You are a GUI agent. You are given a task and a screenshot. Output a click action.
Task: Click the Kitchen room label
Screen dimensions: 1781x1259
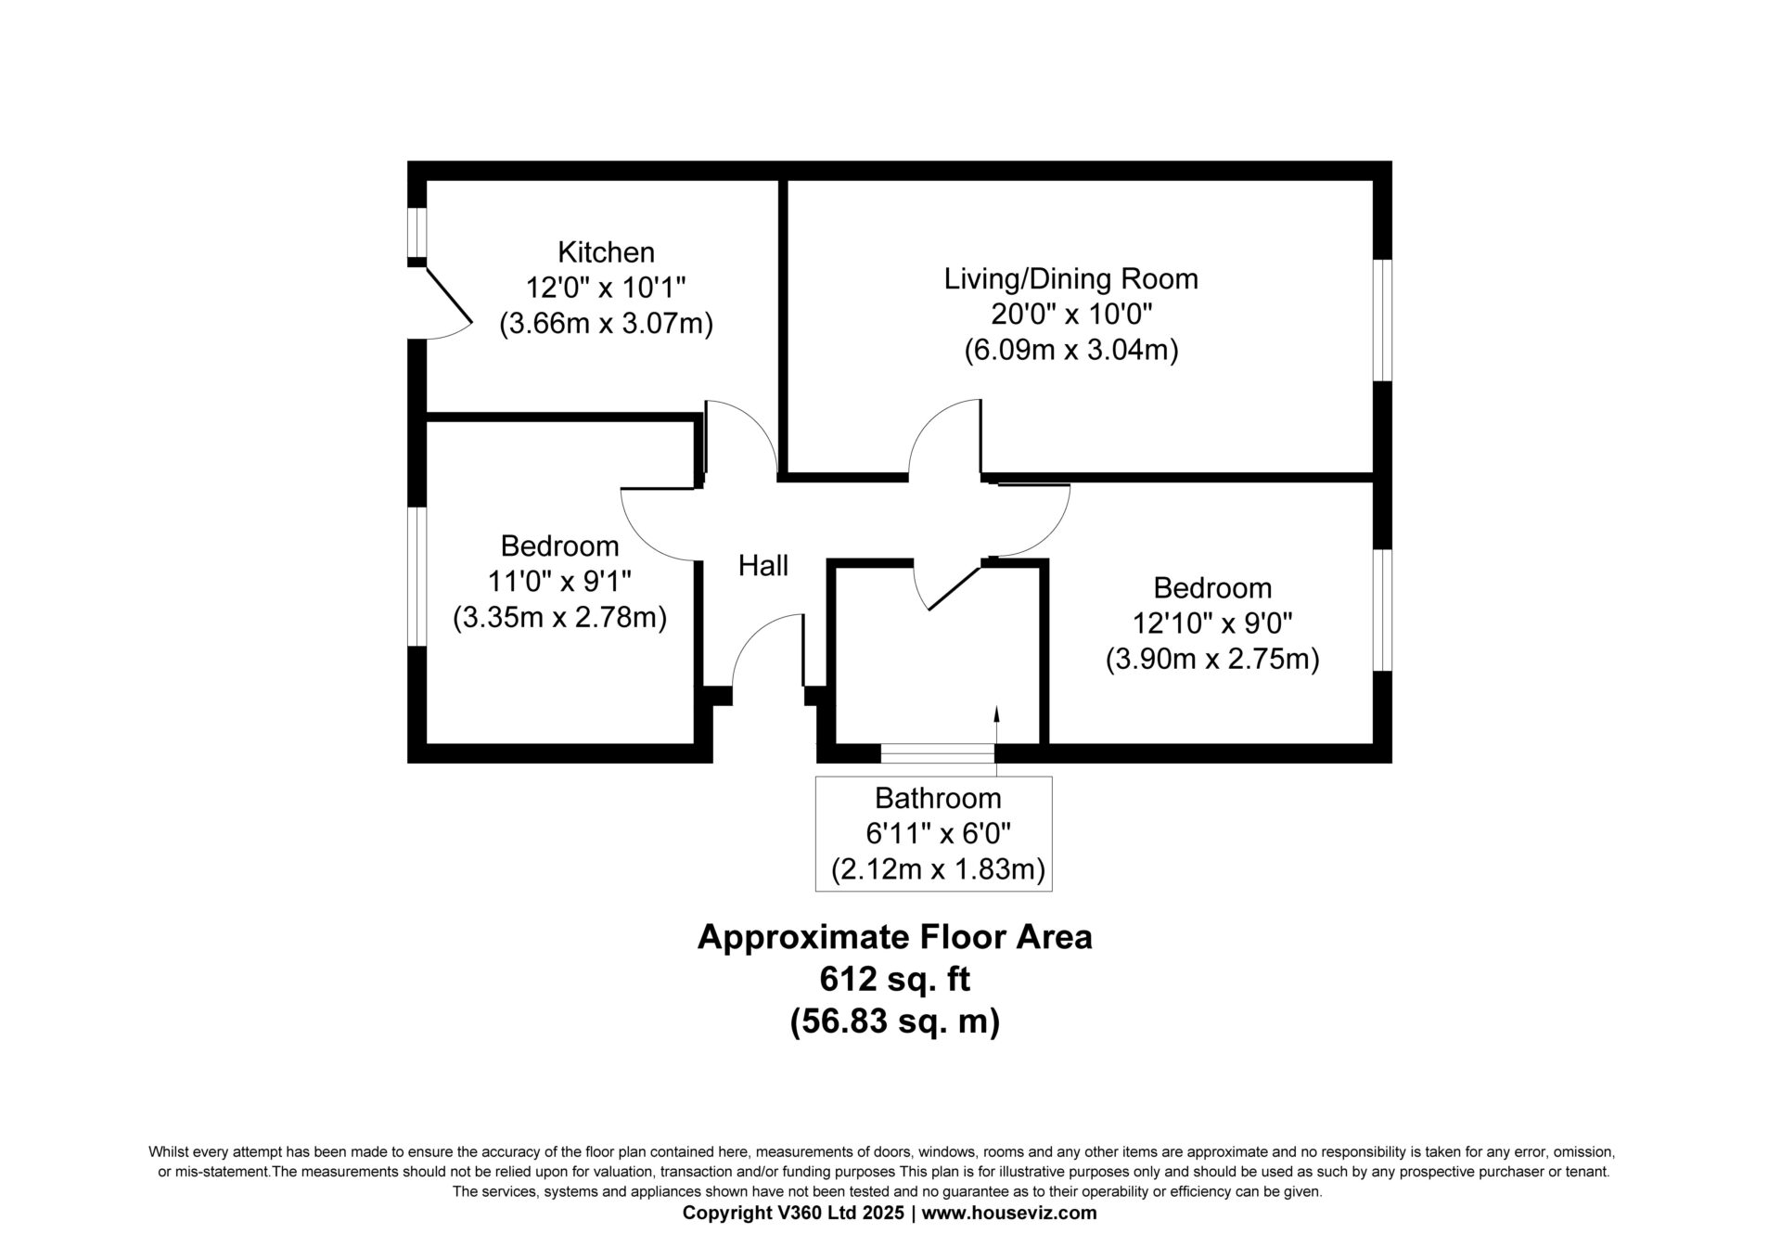(x=606, y=252)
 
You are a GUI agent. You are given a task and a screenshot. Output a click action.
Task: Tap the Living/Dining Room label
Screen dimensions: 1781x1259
(x=1071, y=278)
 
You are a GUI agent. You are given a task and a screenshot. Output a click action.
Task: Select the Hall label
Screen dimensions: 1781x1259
(x=763, y=565)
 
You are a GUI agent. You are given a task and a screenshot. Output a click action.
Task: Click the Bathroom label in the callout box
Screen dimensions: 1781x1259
(x=938, y=798)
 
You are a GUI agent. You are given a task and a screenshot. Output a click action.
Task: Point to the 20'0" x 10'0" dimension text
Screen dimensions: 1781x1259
(x=1071, y=315)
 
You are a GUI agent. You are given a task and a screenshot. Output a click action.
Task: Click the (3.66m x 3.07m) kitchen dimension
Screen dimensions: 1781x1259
(x=606, y=324)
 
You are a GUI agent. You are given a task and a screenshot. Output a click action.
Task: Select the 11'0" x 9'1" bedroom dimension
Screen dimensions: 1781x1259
(x=559, y=582)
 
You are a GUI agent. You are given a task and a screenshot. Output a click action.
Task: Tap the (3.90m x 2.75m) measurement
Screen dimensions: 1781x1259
(x=1212, y=659)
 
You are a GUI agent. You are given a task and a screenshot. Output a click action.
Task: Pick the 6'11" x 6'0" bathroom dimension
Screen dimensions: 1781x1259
(x=938, y=834)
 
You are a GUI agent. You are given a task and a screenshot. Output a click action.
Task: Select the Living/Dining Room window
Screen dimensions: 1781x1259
(x=1382, y=320)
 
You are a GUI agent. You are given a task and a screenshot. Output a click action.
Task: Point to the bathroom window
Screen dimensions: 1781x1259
(x=938, y=753)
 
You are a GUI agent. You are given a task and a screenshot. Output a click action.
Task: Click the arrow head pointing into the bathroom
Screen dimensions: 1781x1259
(x=996, y=713)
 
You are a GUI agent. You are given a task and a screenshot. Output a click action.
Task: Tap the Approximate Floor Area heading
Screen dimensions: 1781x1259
(x=894, y=937)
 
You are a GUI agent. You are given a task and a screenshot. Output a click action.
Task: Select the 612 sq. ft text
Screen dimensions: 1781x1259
(x=894, y=979)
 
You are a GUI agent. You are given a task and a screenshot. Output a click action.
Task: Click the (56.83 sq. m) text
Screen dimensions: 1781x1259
(x=894, y=1021)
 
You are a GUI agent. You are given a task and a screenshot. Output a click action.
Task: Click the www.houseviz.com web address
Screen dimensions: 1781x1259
(x=1009, y=1213)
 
